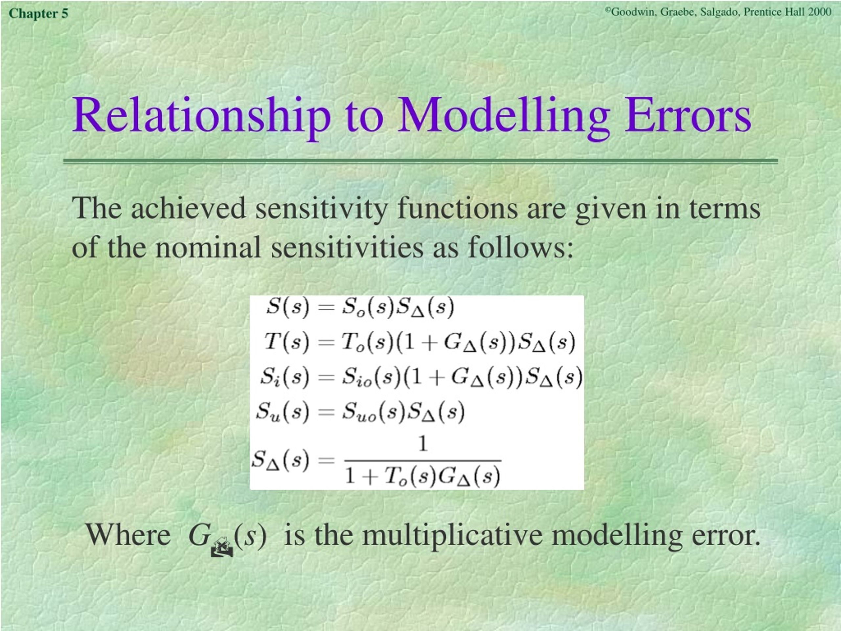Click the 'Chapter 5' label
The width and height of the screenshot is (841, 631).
[x=38, y=14]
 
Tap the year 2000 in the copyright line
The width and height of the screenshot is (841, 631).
[x=820, y=12]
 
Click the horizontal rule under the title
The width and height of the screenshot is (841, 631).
[x=420, y=161]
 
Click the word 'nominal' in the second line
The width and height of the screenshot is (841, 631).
[x=208, y=247]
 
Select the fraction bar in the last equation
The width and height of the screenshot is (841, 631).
[x=423, y=461]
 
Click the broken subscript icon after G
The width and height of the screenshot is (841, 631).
[x=222, y=547]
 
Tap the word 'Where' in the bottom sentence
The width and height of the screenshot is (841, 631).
[x=128, y=534]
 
